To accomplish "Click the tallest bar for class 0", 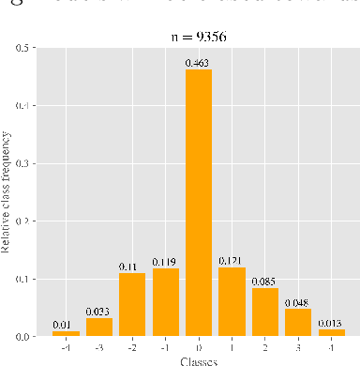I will (198, 202).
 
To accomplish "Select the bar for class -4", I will (66, 333).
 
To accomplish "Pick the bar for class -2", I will (132, 304).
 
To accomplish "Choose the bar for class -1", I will (165, 302).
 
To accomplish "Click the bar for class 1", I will (231, 302).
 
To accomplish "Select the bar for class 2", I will (264, 312).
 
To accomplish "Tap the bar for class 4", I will (331, 332).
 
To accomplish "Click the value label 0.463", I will (198, 63).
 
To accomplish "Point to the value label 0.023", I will (99, 312).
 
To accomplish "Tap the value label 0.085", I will (264, 282).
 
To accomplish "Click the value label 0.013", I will (331, 323).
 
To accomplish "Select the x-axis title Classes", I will (198, 360).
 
